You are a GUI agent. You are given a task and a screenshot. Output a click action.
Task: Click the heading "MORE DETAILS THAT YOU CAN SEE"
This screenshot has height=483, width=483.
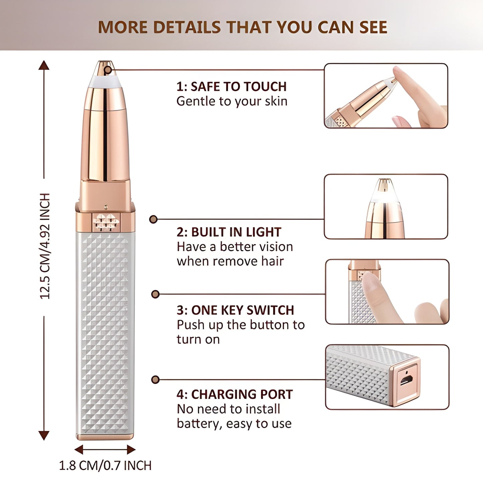pos(243,27)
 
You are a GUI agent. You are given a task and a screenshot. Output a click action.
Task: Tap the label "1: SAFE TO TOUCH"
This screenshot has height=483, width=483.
pos(231,87)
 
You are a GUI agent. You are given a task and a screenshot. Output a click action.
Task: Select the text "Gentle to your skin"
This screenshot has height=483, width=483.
pos(232,102)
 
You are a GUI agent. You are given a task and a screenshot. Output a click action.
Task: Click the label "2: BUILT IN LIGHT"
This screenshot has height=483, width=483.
pos(229,232)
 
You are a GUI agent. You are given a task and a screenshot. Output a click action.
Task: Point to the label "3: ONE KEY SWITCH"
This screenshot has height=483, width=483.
pos(235,310)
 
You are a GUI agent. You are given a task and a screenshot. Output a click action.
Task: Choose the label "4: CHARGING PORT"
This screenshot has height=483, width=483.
pos(235,394)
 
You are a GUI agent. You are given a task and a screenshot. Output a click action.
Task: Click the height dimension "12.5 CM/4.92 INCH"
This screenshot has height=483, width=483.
pos(45,246)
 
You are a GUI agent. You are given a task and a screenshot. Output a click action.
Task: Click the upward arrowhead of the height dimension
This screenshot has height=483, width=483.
pos(44,65)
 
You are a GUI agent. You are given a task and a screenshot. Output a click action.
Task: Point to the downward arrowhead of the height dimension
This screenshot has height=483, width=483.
pos(44,436)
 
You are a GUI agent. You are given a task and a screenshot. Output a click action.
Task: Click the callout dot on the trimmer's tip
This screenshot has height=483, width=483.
pos(108,70)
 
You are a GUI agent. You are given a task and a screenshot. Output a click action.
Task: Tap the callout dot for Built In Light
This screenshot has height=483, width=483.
pos(153,219)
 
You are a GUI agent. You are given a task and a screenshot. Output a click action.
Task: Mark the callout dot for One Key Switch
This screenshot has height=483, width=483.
pos(155,294)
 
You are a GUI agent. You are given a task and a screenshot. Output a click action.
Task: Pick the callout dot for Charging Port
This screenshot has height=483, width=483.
pos(155,379)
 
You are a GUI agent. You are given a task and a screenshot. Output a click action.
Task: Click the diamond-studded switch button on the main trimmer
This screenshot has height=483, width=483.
pos(106,222)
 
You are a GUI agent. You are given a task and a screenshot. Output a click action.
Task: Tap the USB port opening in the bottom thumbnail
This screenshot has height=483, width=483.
pos(406,380)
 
